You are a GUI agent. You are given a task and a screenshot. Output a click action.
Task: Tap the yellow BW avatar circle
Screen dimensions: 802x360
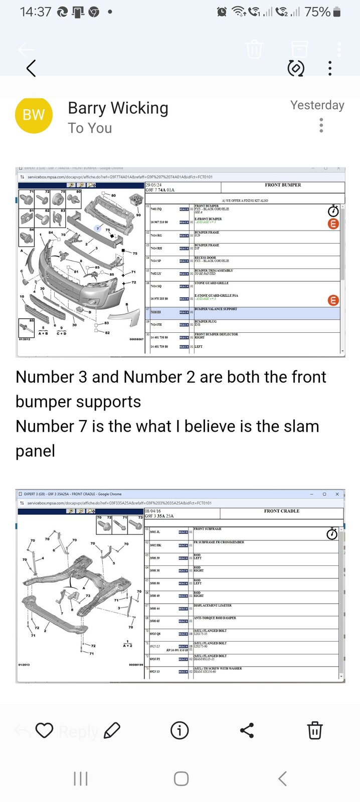click(x=34, y=115)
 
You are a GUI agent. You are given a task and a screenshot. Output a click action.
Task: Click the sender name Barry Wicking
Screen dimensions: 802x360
click(x=118, y=108)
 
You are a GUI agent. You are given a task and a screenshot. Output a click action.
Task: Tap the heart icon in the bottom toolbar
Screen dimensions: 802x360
click(x=44, y=730)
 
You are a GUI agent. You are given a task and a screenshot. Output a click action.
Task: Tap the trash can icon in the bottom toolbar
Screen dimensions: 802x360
click(x=314, y=730)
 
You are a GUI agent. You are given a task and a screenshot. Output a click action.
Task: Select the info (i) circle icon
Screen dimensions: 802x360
click(x=179, y=730)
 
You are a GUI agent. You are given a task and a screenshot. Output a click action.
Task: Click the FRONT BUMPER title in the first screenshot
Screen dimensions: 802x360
click(x=283, y=185)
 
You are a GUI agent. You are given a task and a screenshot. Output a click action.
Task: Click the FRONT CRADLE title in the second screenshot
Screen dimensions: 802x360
click(x=281, y=511)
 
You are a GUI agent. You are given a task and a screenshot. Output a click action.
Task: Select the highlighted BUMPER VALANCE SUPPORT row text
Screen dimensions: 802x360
click(x=216, y=309)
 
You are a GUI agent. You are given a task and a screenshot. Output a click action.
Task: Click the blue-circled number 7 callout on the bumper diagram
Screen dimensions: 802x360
click(x=98, y=229)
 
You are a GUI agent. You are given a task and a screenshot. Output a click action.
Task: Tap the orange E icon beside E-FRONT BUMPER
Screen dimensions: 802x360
click(x=333, y=224)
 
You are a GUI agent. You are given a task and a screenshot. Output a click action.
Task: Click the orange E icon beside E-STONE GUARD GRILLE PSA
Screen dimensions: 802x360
click(x=333, y=300)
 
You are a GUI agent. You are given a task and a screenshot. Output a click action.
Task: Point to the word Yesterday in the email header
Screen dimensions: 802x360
click(x=317, y=105)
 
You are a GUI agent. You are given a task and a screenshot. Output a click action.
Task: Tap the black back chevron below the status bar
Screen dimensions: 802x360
click(x=31, y=68)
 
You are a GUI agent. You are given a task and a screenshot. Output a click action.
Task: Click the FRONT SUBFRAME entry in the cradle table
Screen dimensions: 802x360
click(x=208, y=529)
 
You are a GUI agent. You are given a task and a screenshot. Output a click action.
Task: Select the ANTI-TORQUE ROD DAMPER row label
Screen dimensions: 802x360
click(x=215, y=618)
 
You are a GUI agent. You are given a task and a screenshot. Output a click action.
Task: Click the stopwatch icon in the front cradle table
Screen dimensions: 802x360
click(x=332, y=534)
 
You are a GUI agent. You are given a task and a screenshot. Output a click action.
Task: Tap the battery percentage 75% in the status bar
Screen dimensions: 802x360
click(x=317, y=12)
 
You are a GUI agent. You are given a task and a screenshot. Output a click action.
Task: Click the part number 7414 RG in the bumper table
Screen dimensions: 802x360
click(x=156, y=236)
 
